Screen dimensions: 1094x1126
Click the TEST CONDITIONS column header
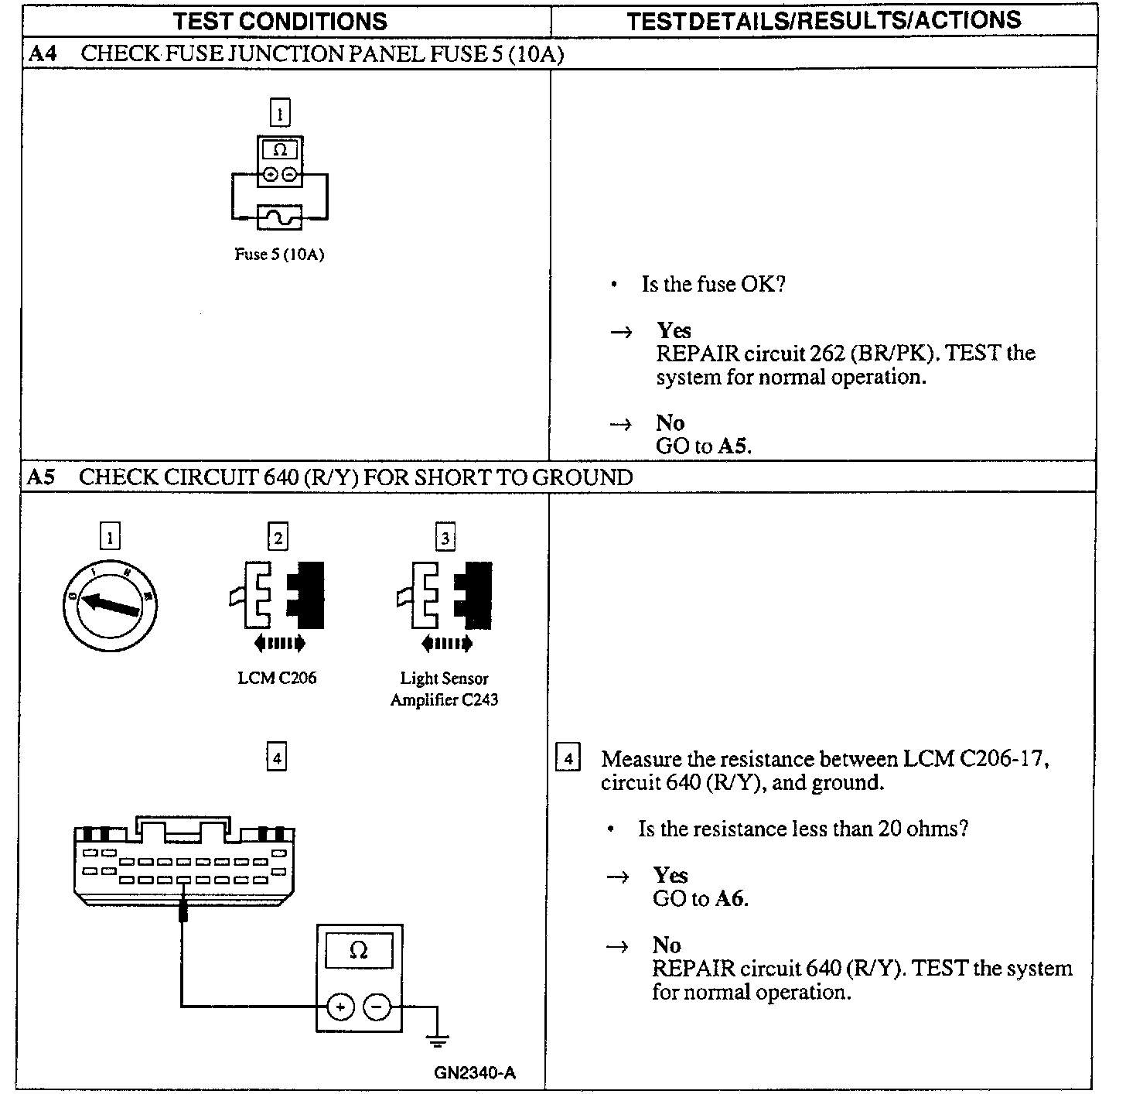tap(280, 21)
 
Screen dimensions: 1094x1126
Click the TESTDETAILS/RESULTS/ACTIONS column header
tap(824, 21)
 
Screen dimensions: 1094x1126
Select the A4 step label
tap(43, 53)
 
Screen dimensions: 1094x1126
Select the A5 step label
tap(41, 477)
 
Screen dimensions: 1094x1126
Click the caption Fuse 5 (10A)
tap(279, 255)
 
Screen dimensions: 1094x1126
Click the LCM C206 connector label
tap(277, 678)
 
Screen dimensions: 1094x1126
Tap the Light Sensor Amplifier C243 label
tap(444, 689)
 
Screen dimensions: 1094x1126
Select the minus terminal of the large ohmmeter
tap(377, 1007)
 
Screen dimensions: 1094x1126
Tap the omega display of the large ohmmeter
tap(359, 950)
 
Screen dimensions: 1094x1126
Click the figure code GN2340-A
tap(475, 1072)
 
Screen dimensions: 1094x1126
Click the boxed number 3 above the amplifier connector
tap(445, 537)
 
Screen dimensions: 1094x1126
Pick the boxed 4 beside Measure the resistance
tap(568, 758)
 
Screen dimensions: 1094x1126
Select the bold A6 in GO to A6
tap(731, 898)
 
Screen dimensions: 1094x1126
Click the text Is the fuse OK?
tap(713, 284)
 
